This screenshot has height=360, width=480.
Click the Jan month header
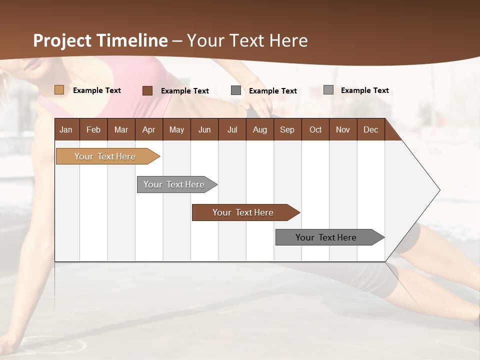click(66, 129)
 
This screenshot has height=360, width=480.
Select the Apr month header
click(148, 129)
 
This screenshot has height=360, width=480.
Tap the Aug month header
click(259, 129)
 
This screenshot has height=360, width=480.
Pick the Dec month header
click(370, 129)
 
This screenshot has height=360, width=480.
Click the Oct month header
click(315, 129)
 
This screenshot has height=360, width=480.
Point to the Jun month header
click(204, 129)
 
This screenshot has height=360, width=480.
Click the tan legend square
click(59, 90)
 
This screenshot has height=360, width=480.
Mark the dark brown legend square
click(147, 90)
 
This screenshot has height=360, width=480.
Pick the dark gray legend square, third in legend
click(236, 90)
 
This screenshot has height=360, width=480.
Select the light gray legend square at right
click(328, 90)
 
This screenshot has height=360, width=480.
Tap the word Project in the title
click(61, 40)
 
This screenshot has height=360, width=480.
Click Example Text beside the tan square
click(97, 90)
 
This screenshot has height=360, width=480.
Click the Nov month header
click(343, 129)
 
